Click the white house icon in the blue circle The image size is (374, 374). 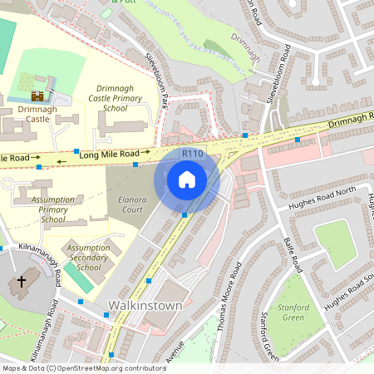pyautogui.click(x=187, y=179)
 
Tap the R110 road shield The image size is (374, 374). pyautogui.click(x=193, y=154)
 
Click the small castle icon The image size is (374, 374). pyautogui.click(x=37, y=96)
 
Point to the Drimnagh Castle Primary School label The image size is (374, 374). pyautogui.click(x=121, y=98)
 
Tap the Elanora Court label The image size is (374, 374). pyautogui.click(x=132, y=204)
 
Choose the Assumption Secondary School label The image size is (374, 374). pyautogui.click(x=88, y=258)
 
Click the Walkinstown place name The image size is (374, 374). pyautogui.click(x=133, y=306)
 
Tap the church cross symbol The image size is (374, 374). pyautogui.click(x=21, y=283)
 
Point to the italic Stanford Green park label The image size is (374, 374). pyautogui.click(x=293, y=313)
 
